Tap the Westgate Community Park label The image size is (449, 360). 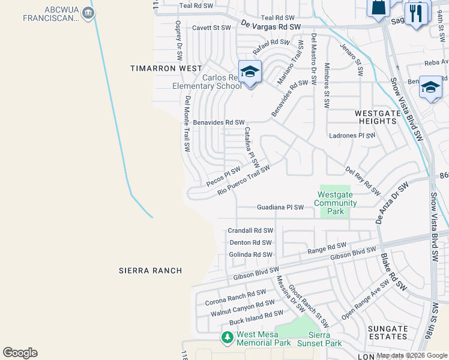click(x=337, y=203)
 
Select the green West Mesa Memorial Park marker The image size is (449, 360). click(x=227, y=338)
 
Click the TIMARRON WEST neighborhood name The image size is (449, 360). click(x=166, y=68)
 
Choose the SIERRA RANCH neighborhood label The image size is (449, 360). click(x=150, y=271)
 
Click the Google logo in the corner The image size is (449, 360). click(x=20, y=353)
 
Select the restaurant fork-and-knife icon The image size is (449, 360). click(x=417, y=13)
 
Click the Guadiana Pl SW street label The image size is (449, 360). click(x=280, y=207)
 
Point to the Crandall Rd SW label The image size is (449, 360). click(x=250, y=230)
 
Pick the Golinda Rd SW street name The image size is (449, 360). click(x=250, y=254)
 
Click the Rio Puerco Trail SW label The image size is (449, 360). click(x=244, y=180)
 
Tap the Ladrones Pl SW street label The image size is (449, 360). click(x=352, y=136)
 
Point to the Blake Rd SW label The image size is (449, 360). click(x=393, y=272)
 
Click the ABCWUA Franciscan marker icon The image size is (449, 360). click(x=88, y=13)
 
